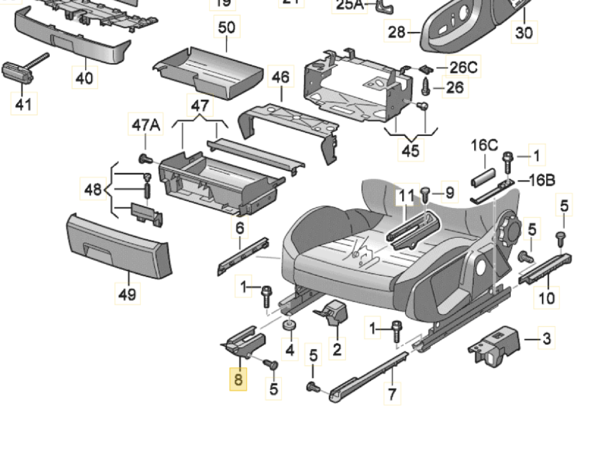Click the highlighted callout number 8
pos(238,379)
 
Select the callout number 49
pos(127,294)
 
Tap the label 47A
pos(146,125)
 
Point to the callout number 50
pos(227,27)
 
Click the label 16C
pos(484,145)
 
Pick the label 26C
pos(463,68)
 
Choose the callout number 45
pos(411,151)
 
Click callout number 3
pos(547,339)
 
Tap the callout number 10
pos(547,297)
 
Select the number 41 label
pos(24,104)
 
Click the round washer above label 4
pos(288,325)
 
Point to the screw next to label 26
pos(426,87)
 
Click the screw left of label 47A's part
pos(145,160)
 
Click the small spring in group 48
pos(147,191)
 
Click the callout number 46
pos(281,77)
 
